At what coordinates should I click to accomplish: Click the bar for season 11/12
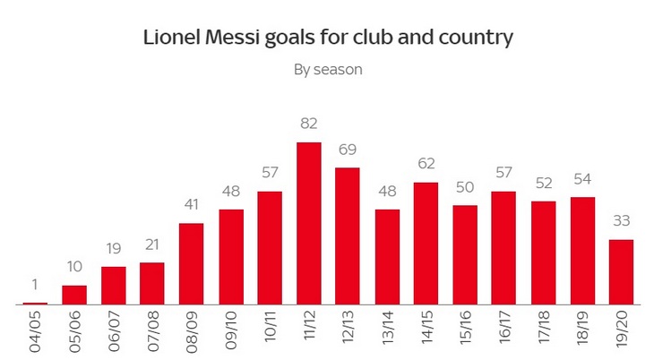pyautogui.click(x=309, y=224)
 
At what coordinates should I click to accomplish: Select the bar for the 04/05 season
pyautogui.click(x=35, y=304)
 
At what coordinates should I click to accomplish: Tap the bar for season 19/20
pyautogui.click(x=621, y=272)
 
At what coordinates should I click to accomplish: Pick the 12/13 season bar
pyautogui.click(x=348, y=236)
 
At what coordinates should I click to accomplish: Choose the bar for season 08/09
pyautogui.click(x=192, y=264)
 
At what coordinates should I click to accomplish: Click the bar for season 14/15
pyautogui.click(x=426, y=244)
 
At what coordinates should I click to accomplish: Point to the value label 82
pyautogui.click(x=309, y=124)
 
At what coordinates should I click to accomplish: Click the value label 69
pyautogui.click(x=348, y=149)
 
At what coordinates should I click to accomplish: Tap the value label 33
pyautogui.click(x=621, y=220)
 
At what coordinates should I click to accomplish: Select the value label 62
pyautogui.click(x=426, y=163)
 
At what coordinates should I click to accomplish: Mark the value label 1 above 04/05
pyautogui.click(x=35, y=285)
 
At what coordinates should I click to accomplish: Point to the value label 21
pyautogui.click(x=152, y=244)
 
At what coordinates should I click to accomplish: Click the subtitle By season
pyautogui.click(x=328, y=70)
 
